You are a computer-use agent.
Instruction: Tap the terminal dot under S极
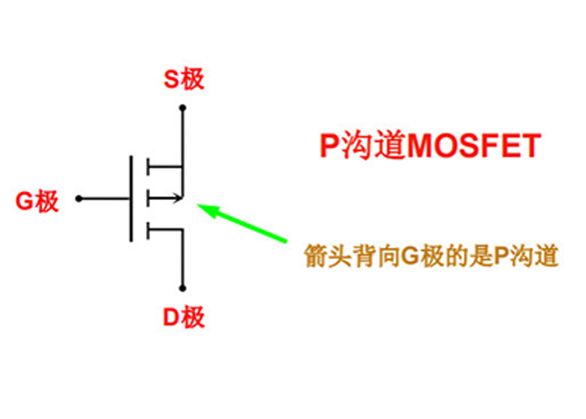[182, 108]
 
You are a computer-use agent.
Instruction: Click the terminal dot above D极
[182, 288]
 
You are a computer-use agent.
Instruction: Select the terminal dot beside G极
[78, 199]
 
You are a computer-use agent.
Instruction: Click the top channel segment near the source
[148, 166]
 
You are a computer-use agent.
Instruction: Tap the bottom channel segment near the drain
[148, 231]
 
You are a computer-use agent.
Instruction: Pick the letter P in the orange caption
[501, 257]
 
